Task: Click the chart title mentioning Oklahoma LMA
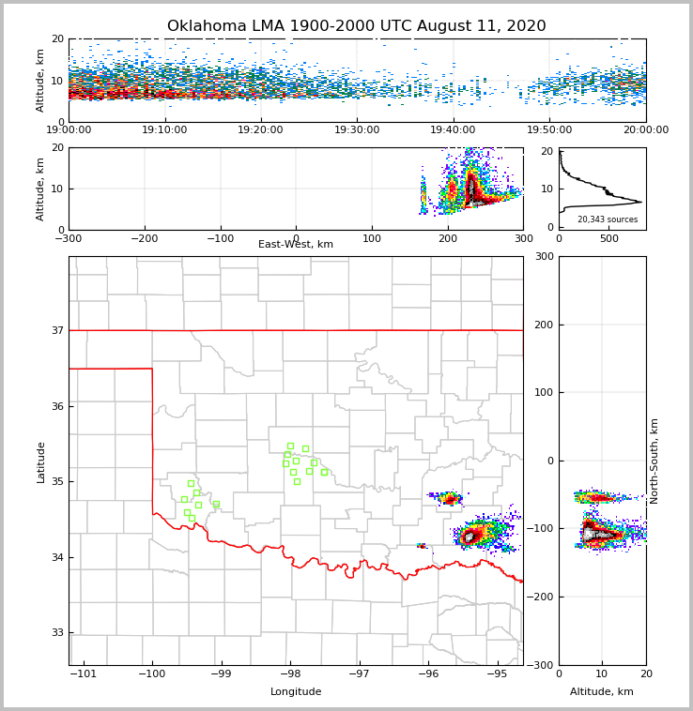356,26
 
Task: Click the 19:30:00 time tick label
357,130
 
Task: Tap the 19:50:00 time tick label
549,130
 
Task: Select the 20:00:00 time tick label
645,130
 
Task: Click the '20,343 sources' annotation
607,219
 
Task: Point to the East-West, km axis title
296,245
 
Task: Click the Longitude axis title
296,692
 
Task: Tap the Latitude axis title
41,461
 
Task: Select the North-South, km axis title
654,461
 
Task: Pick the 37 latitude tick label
56,330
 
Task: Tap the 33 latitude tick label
56,633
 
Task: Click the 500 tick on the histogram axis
609,239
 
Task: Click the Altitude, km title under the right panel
602,692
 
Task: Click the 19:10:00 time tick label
164,130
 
